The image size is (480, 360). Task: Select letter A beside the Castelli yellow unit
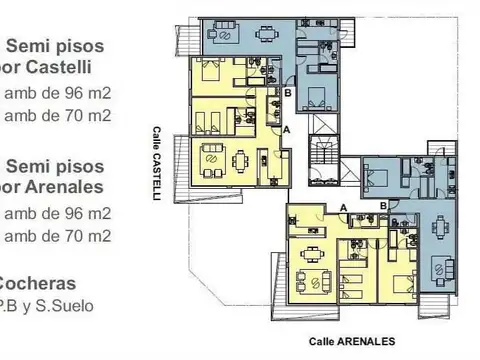[287, 129]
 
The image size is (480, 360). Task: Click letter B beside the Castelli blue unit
[288, 93]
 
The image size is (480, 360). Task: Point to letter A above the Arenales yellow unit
[343, 207]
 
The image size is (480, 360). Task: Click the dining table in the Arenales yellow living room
[314, 251]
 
